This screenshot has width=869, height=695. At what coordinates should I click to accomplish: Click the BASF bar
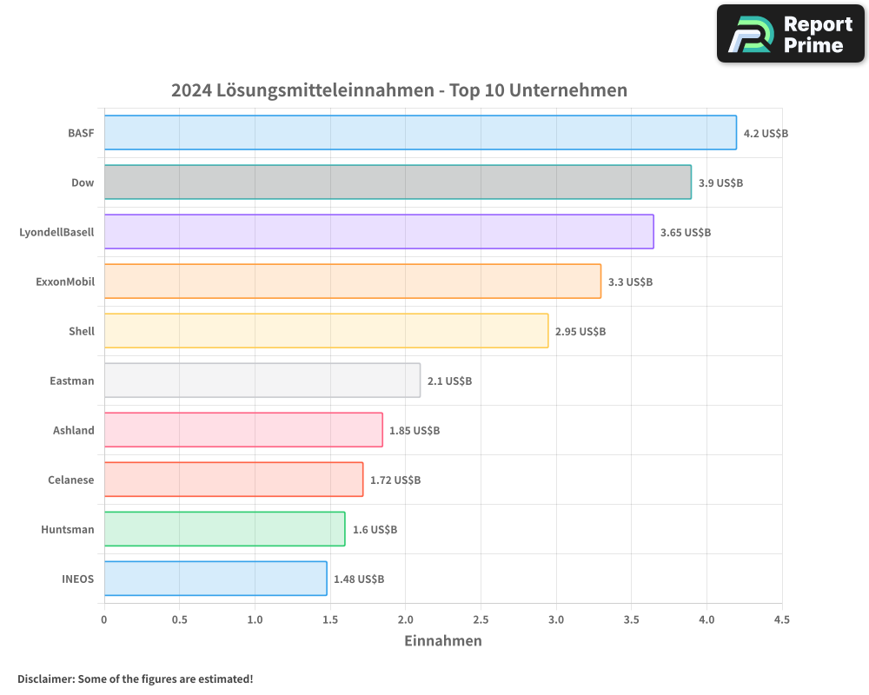point(420,133)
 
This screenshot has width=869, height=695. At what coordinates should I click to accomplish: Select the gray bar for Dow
point(397,182)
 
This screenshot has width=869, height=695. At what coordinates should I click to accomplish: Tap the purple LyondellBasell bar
point(379,232)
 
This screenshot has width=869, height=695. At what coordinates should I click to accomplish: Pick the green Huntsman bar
point(224,529)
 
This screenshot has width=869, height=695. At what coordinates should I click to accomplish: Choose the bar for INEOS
point(216,579)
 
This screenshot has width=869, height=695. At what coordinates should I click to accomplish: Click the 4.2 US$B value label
point(766,134)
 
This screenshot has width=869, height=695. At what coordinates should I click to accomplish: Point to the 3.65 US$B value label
point(686,233)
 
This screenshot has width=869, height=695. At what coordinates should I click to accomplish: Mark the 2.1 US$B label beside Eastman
point(449,381)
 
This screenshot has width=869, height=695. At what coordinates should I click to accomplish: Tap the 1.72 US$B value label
point(395,480)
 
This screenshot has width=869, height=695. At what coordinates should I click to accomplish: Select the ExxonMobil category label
point(65,281)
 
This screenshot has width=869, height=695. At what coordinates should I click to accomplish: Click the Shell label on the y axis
point(82,331)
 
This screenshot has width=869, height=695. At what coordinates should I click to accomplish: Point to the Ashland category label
point(73,430)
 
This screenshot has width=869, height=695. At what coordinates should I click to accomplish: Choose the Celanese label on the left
point(70,480)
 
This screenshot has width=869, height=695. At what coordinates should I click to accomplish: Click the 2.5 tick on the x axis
point(481,620)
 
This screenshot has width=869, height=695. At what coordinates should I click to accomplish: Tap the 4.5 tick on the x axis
point(781,620)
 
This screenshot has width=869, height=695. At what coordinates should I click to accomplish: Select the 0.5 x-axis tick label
point(179,620)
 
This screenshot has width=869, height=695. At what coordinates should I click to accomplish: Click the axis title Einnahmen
point(442,641)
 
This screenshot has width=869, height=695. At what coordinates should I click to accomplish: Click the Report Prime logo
point(791,34)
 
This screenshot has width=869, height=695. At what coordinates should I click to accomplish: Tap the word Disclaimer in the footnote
point(45,678)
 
